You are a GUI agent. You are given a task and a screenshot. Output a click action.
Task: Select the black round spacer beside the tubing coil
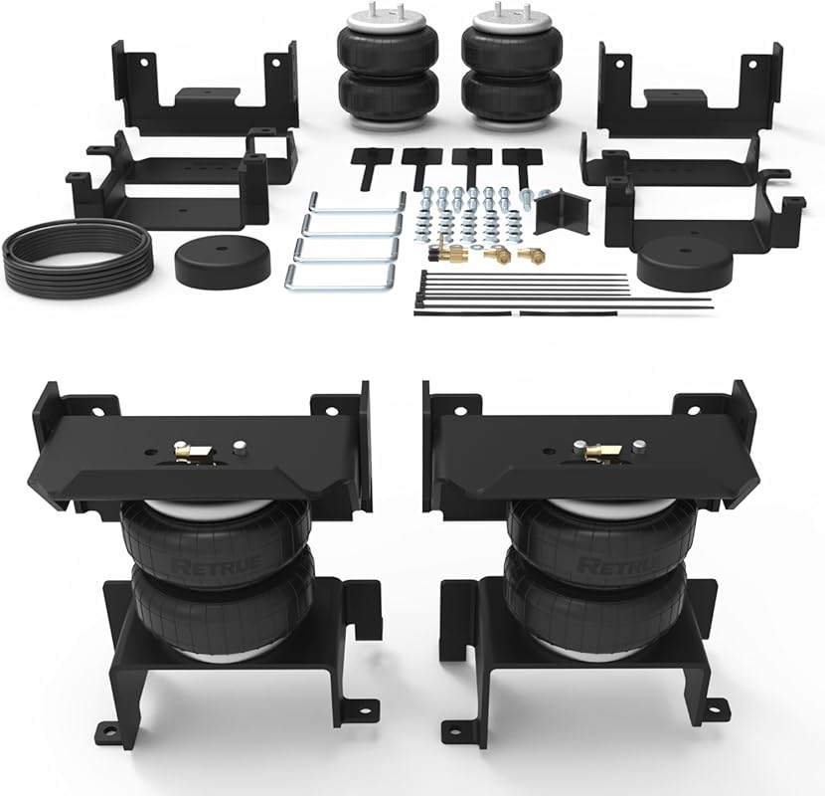click(220, 262)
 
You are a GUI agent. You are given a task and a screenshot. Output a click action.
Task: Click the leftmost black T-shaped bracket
click(373, 164)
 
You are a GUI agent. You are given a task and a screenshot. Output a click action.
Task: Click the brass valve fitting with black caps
click(446, 255)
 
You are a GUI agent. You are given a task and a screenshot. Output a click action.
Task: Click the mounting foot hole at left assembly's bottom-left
click(108, 730)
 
